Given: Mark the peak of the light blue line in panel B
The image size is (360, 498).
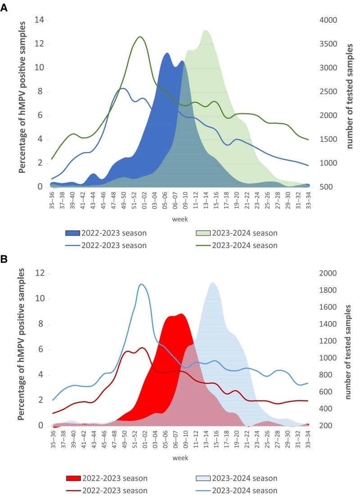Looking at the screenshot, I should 141,284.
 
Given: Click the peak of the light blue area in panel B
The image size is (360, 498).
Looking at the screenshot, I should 212,283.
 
